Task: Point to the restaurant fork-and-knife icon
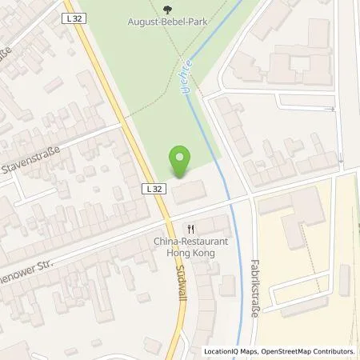click(x=190, y=226)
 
